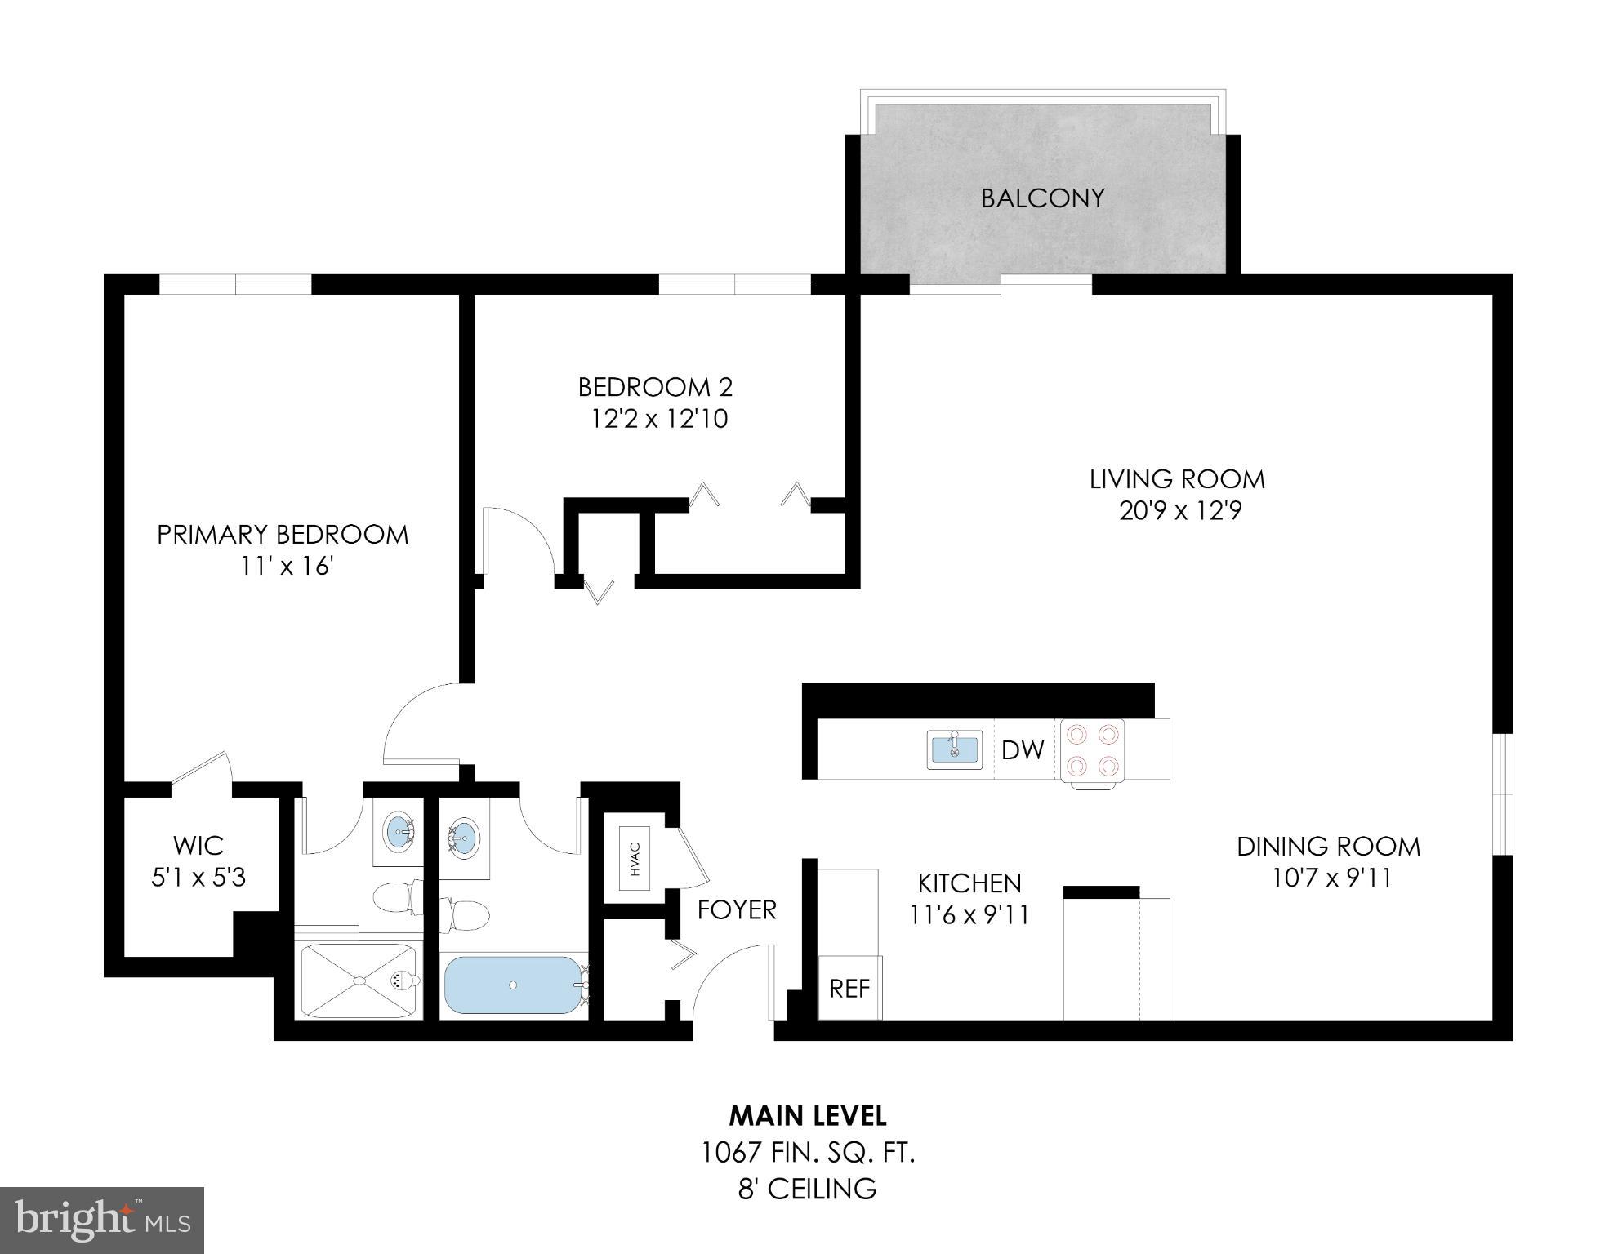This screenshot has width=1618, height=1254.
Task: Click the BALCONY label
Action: pyautogui.click(x=1042, y=198)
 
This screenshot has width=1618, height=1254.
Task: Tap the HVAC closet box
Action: pyautogui.click(x=635, y=858)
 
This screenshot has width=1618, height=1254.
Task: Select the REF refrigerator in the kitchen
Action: pyautogui.click(x=849, y=989)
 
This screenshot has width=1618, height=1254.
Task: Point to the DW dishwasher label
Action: pyautogui.click(x=1022, y=749)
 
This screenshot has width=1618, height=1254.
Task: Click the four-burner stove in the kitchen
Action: pyautogui.click(x=1092, y=749)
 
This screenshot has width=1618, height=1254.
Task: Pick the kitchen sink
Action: pyautogui.click(x=954, y=749)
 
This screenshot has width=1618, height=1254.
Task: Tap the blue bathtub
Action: pyautogui.click(x=512, y=985)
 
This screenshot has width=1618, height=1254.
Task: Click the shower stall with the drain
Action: pyautogui.click(x=358, y=980)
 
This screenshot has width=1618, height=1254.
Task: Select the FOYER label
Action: pyautogui.click(x=737, y=909)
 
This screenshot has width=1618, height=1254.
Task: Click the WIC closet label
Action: pyautogui.click(x=198, y=845)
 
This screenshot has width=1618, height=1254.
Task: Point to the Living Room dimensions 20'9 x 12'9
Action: pyautogui.click(x=1179, y=511)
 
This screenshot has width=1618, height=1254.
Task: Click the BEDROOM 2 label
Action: pyautogui.click(x=655, y=386)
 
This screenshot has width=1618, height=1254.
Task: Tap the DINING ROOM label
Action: pyautogui.click(x=1328, y=846)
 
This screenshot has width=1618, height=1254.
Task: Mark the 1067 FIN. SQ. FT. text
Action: pyautogui.click(x=808, y=1153)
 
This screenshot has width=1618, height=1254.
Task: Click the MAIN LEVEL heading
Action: pyautogui.click(x=807, y=1115)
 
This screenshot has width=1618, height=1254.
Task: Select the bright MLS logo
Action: pyautogui.click(x=102, y=1220)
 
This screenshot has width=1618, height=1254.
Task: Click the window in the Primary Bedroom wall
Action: pyautogui.click(x=235, y=284)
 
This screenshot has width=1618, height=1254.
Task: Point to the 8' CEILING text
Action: pyautogui.click(x=807, y=1189)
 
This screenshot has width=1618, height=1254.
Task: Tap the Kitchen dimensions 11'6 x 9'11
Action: pyautogui.click(x=969, y=915)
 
